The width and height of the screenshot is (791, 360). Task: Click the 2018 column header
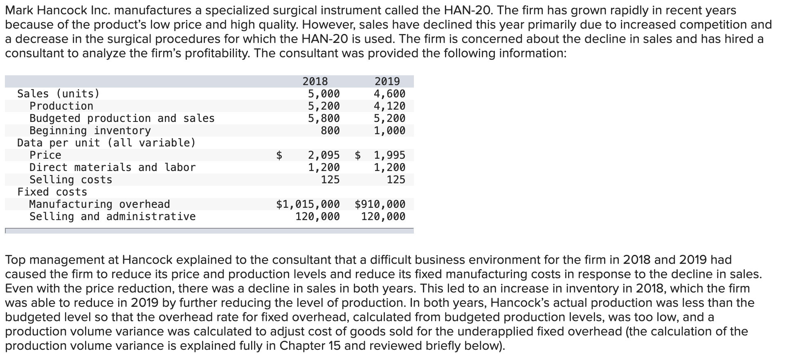coord(315,81)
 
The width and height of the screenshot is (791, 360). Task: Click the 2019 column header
coord(387,81)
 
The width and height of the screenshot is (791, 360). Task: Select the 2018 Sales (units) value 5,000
coord(324,94)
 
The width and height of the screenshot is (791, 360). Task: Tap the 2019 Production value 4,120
coord(389,106)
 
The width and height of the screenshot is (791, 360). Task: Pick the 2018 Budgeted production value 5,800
coord(324,118)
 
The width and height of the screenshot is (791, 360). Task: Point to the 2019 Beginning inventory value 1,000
coord(389,130)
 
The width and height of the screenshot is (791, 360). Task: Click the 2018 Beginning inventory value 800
coord(330,130)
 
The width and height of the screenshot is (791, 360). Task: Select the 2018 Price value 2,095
coord(324,155)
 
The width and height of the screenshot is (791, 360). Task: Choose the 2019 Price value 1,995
coord(389,155)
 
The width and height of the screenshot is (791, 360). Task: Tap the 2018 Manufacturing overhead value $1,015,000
coord(308,204)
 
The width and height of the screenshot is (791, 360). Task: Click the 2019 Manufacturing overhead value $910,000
coord(380,204)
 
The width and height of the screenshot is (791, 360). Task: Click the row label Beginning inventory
coord(90,130)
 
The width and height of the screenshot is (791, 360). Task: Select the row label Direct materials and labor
coord(112,167)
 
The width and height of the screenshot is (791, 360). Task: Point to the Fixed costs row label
coord(52,192)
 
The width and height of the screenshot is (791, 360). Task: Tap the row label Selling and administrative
coord(112,216)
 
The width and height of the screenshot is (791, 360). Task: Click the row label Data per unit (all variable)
coord(106,143)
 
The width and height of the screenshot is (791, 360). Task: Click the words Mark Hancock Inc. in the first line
coord(53,10)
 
